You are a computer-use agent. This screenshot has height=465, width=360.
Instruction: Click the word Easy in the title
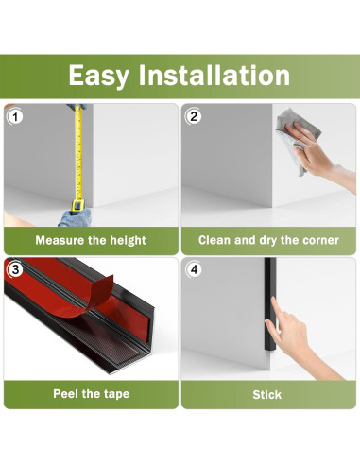point(98,76)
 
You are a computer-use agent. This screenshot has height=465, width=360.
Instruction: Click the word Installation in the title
point(214,75)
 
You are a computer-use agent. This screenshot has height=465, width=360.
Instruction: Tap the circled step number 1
point(15,117)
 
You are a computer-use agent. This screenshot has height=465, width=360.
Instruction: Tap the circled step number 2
point(194,116)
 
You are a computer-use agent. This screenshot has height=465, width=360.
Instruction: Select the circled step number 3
point(15,269)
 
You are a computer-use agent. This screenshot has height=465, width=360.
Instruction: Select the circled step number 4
point(194,269)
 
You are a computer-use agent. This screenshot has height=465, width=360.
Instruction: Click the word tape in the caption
point(116,394)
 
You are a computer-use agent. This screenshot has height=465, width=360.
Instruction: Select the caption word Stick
point(266,395)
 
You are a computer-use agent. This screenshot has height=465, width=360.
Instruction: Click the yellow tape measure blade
point(78,154)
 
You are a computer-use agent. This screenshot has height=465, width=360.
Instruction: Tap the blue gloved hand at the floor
point(75,216)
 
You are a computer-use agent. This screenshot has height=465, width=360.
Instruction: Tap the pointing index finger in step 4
point(275,310)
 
